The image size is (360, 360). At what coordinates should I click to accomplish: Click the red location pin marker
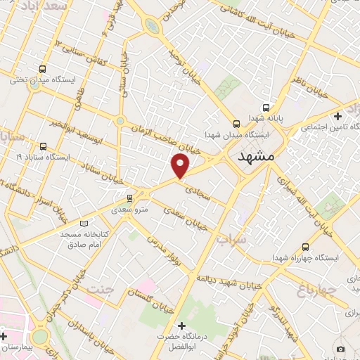(181, 165)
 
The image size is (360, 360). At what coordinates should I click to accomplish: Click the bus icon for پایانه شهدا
(265, 108)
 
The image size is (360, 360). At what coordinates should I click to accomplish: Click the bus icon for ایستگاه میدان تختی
(43, 69)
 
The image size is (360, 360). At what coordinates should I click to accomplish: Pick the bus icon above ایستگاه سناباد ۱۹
(43, 146)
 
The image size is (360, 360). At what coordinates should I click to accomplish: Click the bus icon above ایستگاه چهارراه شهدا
(304, 247)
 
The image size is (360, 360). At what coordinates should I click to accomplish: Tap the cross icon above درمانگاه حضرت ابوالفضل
(182, 326)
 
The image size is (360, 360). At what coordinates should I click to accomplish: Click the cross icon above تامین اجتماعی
(338, 115)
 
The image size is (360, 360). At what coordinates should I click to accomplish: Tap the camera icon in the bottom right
(340, 349)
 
